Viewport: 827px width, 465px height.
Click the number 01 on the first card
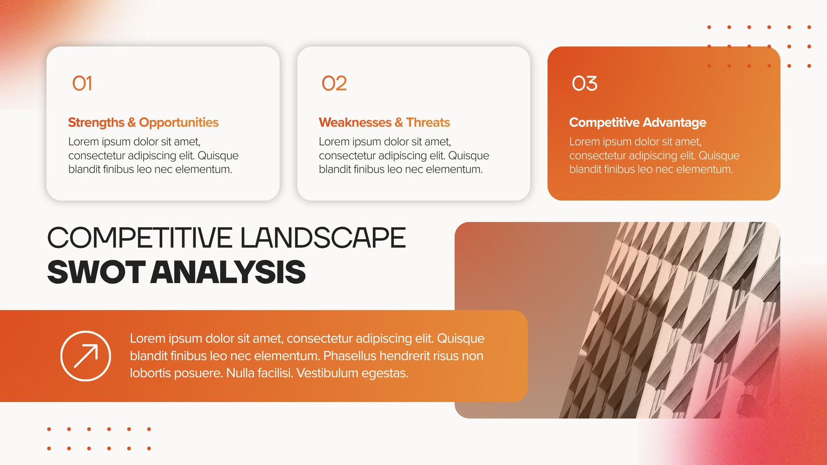tap(82, 83)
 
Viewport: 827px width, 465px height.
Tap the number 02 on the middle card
tap(334, 83)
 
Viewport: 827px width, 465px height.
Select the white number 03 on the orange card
tap(585, 83)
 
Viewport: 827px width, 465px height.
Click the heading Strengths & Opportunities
tap(143, 122)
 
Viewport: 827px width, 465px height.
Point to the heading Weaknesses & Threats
tap(385, 122)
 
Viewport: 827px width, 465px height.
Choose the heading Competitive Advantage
tap(638, 122)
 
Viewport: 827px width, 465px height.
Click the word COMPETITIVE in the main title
tap(140, 238)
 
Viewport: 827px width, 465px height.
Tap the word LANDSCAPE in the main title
tap(323, 238)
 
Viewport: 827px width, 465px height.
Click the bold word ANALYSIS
tap(228, 272)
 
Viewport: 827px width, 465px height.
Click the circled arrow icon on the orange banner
tap(86, 356)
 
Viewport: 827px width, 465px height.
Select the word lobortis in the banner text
tap(150, 373)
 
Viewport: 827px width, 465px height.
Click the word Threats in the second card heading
tap(428, 122)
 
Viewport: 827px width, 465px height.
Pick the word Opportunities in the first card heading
tap(179, 122)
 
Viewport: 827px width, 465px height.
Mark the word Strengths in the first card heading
tap(96, 122)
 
